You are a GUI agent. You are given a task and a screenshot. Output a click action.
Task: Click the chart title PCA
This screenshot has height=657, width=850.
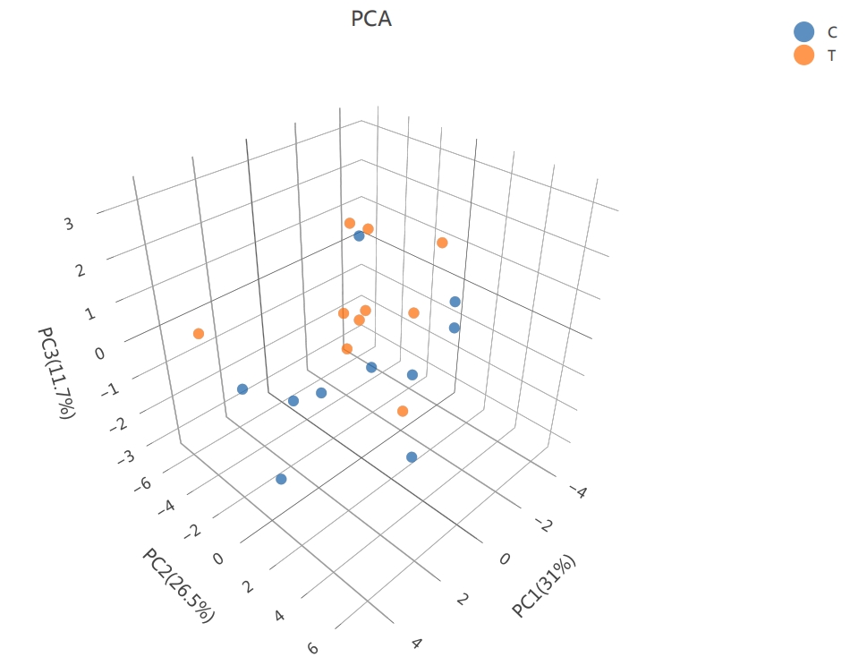pyautogui.click(x=371, y=18)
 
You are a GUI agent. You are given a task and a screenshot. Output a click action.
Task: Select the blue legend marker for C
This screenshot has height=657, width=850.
pyautogui.click(x=804, y=32)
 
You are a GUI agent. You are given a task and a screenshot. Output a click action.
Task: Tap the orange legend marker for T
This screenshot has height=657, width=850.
pyautogui.click(x=804, y=55)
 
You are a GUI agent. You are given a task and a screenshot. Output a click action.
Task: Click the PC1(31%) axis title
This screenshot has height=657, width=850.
pyautogui.click(x=544, y=585)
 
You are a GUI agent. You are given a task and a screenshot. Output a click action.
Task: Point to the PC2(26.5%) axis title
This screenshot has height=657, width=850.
pyautogui.click(x=178, y=584)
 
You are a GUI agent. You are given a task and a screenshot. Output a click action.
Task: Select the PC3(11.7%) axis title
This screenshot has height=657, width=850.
pyautogui.click(x=55, y=372)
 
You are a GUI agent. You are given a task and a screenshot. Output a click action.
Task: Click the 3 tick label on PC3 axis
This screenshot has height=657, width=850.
pyautogui.click(x=69, y=225)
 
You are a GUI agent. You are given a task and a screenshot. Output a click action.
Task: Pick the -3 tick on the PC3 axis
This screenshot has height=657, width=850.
pyautogui.click(x=127, y=458)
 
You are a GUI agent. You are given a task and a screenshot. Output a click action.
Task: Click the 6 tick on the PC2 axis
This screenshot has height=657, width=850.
pyautogui.click(x=312, y=647)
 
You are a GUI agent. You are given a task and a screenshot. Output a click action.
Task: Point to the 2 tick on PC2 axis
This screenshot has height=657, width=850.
pyautogui.click(x=250, y=587)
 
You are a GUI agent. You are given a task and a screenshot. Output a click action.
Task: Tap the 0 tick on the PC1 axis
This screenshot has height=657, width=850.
pyautogui.click(x=505, y=559)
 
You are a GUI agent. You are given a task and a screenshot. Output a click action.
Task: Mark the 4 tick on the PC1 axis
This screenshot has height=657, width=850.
pyautogui.click(x=415, y=642)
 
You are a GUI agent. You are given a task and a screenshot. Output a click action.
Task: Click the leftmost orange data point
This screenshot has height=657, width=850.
pyautogui.click(x=199, y=334)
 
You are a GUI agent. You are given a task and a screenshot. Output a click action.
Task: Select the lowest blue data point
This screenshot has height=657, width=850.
pyautogui.click(x=281, y=479)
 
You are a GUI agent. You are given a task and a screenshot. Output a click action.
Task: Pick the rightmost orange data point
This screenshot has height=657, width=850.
pyautogui.click(x=442, y=243)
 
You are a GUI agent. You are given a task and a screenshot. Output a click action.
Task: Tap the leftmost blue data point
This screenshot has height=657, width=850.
pyautogui.click(x=242, y=389)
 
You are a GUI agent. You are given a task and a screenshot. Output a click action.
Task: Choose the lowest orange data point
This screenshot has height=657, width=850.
pyautogui.click(x=403, y=411)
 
